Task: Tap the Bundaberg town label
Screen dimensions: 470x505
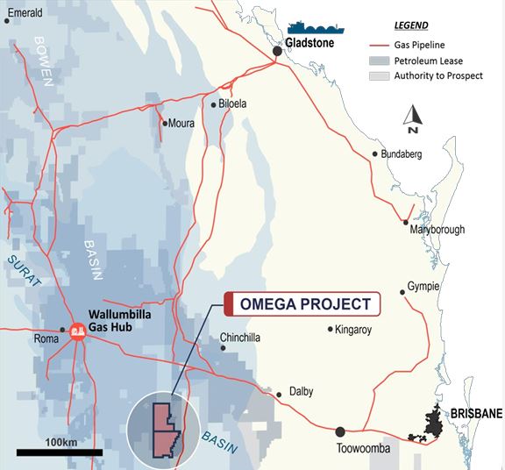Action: [402, 154]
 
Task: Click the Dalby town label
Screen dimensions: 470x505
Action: [301, 392]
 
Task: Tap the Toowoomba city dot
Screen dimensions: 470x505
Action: [340, 431]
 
